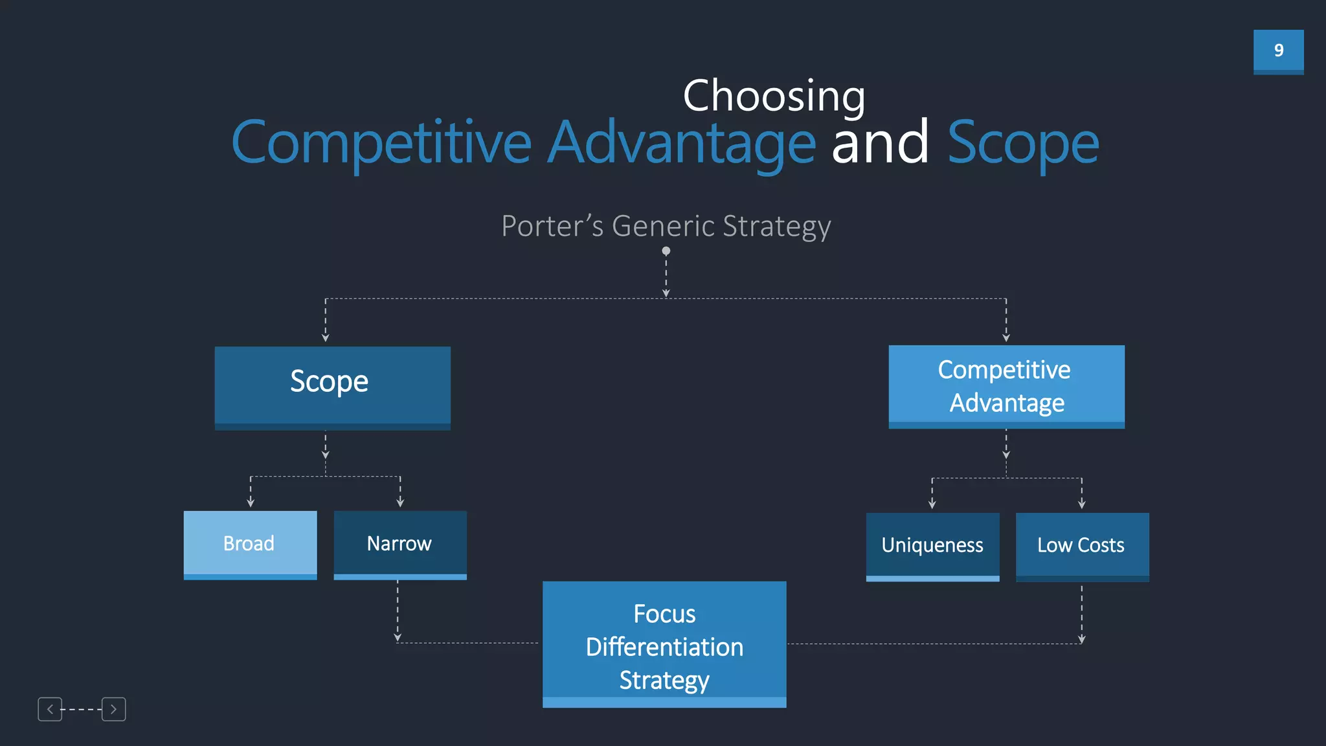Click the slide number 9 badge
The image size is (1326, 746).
point(1278,51)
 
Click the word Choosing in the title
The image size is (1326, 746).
point(774,96)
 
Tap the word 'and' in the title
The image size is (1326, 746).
point(880,142)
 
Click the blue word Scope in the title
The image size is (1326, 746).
point(1023,144)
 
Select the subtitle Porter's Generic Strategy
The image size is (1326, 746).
point(666,226)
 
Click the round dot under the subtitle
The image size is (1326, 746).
point(666,251)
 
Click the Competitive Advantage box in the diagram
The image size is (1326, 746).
point(1006,387)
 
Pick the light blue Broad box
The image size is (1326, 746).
point(250,544)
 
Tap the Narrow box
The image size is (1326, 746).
point(399,544)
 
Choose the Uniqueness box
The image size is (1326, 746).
point(932,546)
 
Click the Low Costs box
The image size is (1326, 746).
point(1082,546)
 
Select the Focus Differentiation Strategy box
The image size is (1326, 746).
point(664,644)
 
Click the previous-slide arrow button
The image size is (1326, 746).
point(50,709)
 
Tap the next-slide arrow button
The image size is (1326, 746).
point(113,709)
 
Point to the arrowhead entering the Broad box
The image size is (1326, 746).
point(251,503)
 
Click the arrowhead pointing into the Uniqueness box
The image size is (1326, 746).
point(932,504)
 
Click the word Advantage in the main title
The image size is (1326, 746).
point(681,142)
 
